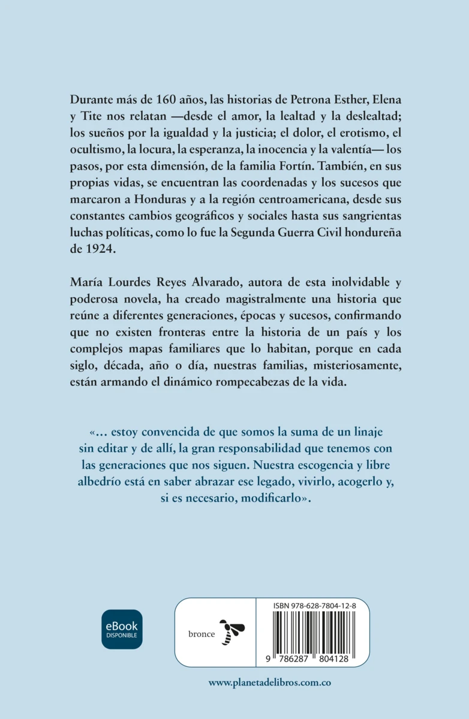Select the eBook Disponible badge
point(122,629)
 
